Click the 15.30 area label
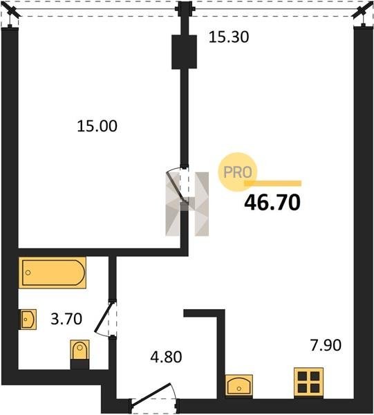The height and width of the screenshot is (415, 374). click(x=229, y=37)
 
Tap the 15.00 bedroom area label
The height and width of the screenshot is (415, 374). click(x=97, y=126)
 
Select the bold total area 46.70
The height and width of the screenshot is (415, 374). click(x=272, y=203)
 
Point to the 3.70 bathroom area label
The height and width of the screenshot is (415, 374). click(x=66, y=319)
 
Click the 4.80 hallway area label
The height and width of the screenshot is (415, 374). click(x=166, y=357)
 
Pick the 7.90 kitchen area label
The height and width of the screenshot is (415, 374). click(x=326, y=345)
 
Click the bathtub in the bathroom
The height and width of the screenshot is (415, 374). click(x=53, y=273)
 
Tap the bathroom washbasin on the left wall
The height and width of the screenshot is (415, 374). click(x=28, y=319)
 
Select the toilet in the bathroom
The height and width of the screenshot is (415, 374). click(x=80, y=354)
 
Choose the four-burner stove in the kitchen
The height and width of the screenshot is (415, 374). click(x=308, y=382)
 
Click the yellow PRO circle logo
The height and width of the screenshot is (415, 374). click(x=237, y=172)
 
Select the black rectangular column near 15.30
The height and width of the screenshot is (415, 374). click(x=184, y=52)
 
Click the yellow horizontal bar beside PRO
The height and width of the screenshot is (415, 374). click(x=272, y=183)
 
